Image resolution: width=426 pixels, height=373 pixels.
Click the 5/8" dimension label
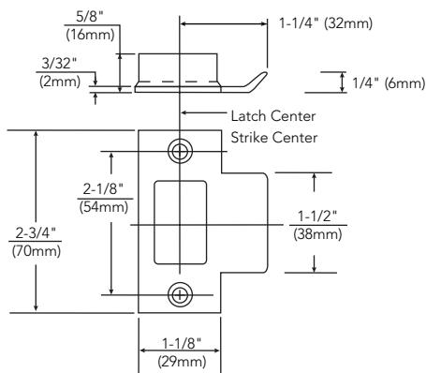coord(89,16)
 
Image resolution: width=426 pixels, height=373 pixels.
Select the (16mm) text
coord(90,35)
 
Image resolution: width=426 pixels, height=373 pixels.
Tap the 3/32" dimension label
coord(59,64)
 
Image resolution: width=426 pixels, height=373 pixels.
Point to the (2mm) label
coord(60,82)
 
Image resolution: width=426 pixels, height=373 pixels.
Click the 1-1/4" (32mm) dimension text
coord(326,23)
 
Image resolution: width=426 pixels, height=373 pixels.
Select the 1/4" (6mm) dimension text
coord(389,83)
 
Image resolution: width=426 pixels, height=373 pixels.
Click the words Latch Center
coord(273,116)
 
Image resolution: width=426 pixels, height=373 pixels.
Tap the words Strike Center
coord(274,138)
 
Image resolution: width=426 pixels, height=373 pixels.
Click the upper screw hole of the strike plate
coord(180,151)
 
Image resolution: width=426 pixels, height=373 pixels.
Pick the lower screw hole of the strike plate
coord(180,295)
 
